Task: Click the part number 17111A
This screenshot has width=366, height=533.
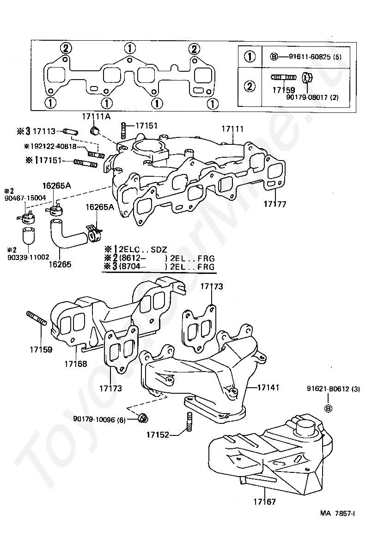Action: coord(96,117)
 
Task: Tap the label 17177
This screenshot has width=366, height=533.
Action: coord(275,204)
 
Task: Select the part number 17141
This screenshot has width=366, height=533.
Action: coord(268,387)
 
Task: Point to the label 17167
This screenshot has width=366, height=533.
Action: coord(264,502)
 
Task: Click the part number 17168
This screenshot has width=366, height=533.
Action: coord(76,364)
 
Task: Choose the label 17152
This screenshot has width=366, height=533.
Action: coord(158,434)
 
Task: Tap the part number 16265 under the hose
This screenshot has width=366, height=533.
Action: coord(60,264)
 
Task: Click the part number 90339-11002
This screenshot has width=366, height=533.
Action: coord(28,257)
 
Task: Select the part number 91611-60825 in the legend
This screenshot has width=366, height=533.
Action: coord(310,57)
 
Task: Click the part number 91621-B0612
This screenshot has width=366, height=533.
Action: coord(328,389)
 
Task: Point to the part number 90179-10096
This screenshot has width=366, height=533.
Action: coord(95,420)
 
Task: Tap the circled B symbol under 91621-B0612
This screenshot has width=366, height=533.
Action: coord(328,409)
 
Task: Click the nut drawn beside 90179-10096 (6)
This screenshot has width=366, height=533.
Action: coord(143,418)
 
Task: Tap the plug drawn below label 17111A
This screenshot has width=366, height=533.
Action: coord(95,130)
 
